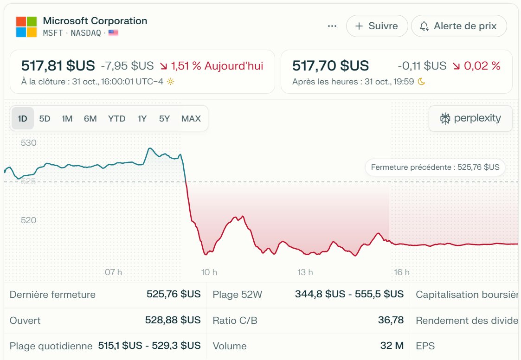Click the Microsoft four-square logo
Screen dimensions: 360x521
[x=26, y=26]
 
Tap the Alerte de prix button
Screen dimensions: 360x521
[x=458, y=26]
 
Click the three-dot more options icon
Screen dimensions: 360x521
[x=332, y=26]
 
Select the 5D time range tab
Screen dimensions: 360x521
[x=45, y=118]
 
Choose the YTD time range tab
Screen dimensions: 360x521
[x=116, y=118]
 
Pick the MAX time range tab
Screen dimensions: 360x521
[x=191, y=118]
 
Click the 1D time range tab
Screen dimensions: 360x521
[x=22, y=118]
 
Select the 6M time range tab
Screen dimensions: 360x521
[x=90, y=118]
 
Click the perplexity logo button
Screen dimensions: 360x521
[x=470, y=118]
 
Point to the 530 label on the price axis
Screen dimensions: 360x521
[x=29, y=143]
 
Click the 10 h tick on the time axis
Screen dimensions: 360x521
[x=209, y=272]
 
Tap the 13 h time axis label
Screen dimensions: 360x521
[x=305, y=272]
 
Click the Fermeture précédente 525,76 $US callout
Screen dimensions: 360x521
[x=435, y=167]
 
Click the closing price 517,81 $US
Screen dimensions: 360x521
[x=58, y=66]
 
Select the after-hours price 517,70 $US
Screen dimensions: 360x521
[x=330, y=66]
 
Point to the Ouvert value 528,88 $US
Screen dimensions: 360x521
[x=174, y=320]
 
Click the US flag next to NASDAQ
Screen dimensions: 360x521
[x=113, y=33]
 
